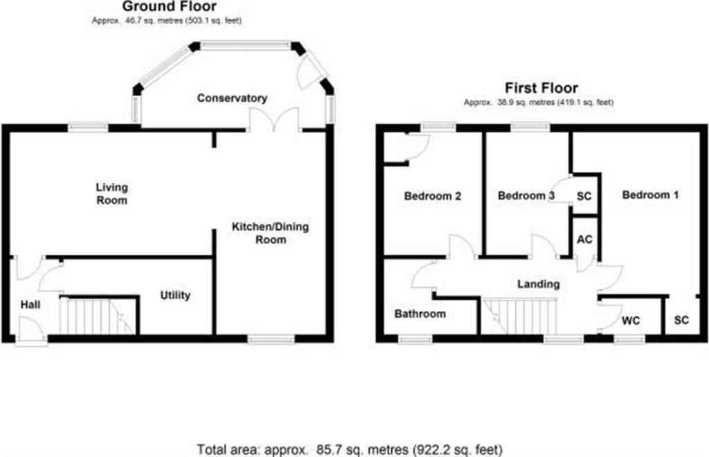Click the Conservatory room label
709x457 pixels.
[231, 98]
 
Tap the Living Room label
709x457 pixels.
[111, 194]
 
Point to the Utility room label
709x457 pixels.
[175, 296]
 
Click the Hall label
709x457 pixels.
[30, 305]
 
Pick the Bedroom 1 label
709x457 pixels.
[649, 195]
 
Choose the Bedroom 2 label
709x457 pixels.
[433, 196]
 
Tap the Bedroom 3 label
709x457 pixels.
[526, 196]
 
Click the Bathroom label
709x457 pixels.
[420, 314]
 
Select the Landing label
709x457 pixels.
[539, 284]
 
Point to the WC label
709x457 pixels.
[631, 321]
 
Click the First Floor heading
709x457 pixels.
[541, 88]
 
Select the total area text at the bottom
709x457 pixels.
[350, 448]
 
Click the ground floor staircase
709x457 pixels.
[97, 316]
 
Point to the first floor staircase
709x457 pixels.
[519, 316]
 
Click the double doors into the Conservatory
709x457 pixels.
[274, 122]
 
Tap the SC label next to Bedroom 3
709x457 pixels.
[584, 196]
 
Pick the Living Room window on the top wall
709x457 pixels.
[88, 127]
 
